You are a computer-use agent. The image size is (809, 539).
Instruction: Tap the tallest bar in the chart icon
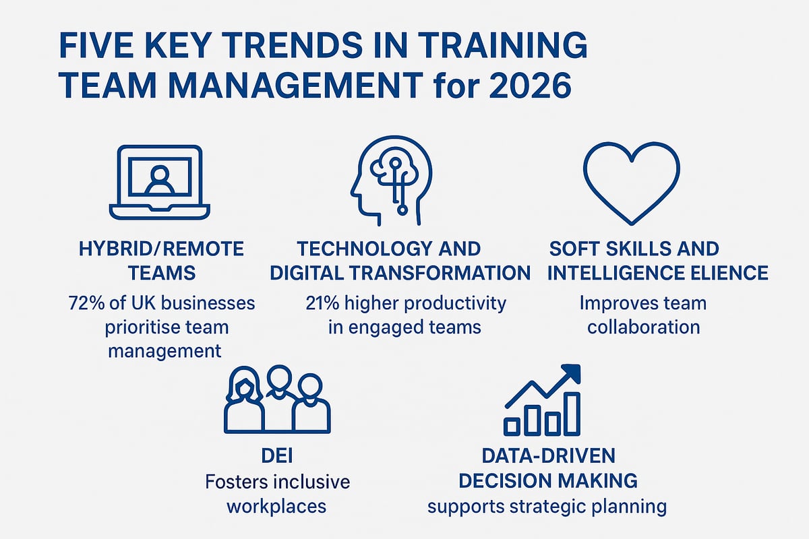572,413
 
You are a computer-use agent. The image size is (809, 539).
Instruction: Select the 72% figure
87,303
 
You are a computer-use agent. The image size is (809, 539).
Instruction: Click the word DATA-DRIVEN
548,456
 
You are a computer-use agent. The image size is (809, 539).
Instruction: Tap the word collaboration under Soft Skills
643,327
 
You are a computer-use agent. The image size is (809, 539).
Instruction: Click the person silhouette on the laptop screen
160,179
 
